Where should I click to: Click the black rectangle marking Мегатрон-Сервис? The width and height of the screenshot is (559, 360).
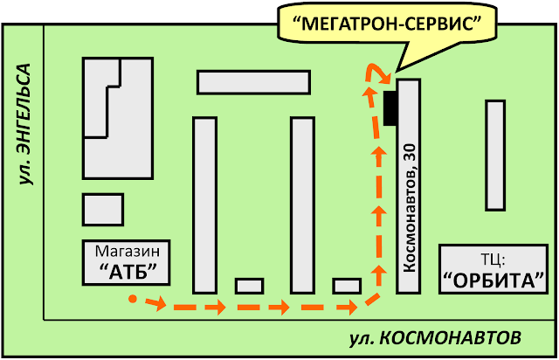click(x=390, y=107)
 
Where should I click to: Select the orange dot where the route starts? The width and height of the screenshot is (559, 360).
click(x=132, y=300)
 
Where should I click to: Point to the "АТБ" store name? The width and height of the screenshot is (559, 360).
click(x=126, y=270)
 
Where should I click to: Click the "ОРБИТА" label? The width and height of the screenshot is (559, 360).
click(x=494, y=280)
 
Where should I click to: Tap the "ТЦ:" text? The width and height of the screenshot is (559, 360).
click(x=494, y=260)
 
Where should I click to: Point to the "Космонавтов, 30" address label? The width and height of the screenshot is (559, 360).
click(x=410, y=205)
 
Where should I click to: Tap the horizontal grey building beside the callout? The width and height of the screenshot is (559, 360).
click(x=253, y=81)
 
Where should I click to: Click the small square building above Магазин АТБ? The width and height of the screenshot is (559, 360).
click(x=102, y=209)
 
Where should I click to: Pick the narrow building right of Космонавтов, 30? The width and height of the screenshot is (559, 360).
click(x=495, y=156)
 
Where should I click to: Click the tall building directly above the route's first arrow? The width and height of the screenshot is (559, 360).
click(x=204, y=204)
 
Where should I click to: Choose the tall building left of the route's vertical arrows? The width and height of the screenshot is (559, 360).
click(x=302, y=204)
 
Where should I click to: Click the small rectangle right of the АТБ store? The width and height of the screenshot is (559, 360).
click(x=249, y=286)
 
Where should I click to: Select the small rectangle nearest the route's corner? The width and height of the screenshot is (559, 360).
click(x=347, y=286)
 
